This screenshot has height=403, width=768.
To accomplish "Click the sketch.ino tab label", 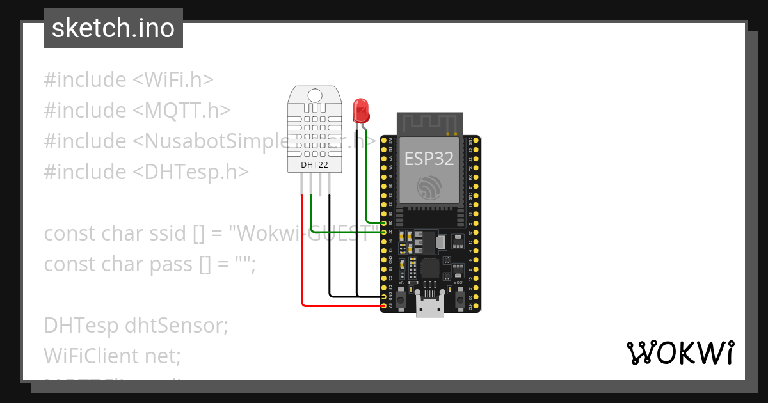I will pos(113,28).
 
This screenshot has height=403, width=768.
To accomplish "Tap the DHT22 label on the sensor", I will pos(310,165).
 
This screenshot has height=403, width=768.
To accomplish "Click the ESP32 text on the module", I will pos(429,159).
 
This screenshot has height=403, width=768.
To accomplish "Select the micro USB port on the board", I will pos(429,307).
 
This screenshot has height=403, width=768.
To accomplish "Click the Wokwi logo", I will pos(680,352).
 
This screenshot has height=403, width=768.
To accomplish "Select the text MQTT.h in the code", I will pos(182,111).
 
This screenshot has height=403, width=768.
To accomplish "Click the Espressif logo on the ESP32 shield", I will pos(429,187).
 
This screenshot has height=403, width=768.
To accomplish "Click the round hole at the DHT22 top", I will pos(314,95).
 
